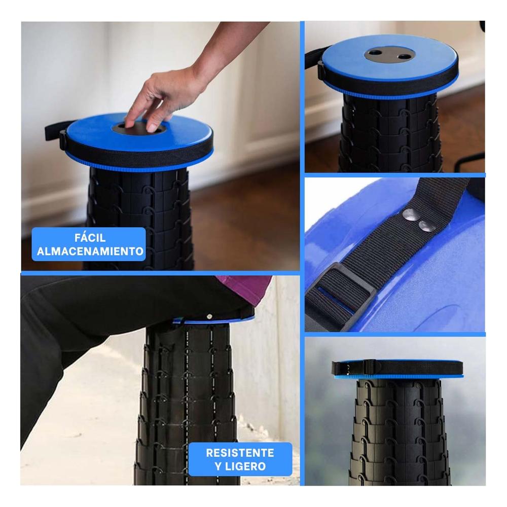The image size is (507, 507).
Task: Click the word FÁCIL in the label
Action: pos(89,238)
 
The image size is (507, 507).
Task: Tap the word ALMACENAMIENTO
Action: pos(89,251)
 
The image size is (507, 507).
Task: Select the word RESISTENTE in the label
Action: pos(240,453)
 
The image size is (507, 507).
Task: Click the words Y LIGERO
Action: pos(240,466)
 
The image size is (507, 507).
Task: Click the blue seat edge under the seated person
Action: pos(213,320)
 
